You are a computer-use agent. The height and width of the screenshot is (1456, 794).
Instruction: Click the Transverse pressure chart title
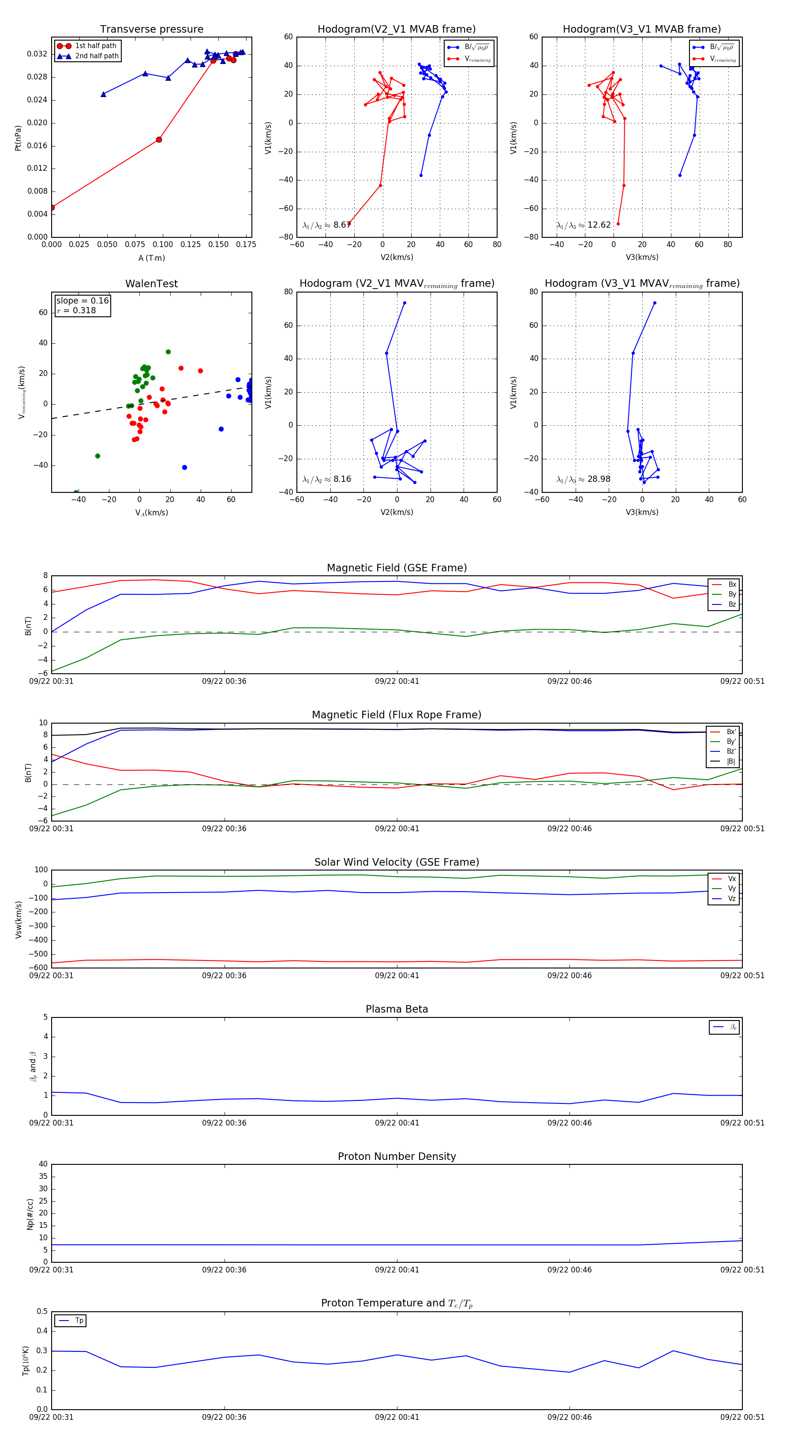pyautogui.click(x=151, y=30)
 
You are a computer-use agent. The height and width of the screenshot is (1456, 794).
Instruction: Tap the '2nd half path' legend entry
pyautogui.click(x=97, y=56)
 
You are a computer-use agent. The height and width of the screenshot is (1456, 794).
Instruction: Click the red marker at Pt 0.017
pyautogui.click(x=159, y=139)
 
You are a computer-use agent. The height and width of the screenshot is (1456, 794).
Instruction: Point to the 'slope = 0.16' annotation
pyautogui.click(x=82, y=301)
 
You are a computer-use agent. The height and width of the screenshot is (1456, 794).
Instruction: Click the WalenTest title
pyautogui.click(x=151, y=284)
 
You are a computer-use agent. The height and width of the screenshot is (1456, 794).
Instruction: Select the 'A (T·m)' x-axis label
pyautogui.click(x=151, y=258)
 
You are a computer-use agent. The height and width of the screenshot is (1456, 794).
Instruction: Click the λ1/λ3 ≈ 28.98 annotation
pyautogui.click(x=583, y=479)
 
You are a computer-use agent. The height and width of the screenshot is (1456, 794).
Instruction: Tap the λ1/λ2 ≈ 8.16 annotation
pyautogui.click(x=326, y=479)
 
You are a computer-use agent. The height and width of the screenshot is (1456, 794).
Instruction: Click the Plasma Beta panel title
pyautogui.click(x=397, y=1009)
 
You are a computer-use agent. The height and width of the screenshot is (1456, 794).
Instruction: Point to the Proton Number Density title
pyautogui.click(x=397, y=1156)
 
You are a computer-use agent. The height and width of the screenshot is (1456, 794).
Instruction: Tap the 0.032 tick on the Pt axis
pyautogui.click(x=37, y=54)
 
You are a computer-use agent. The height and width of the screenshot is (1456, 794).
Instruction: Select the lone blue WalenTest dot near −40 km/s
pyautogui.click(x=185, y=467)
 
